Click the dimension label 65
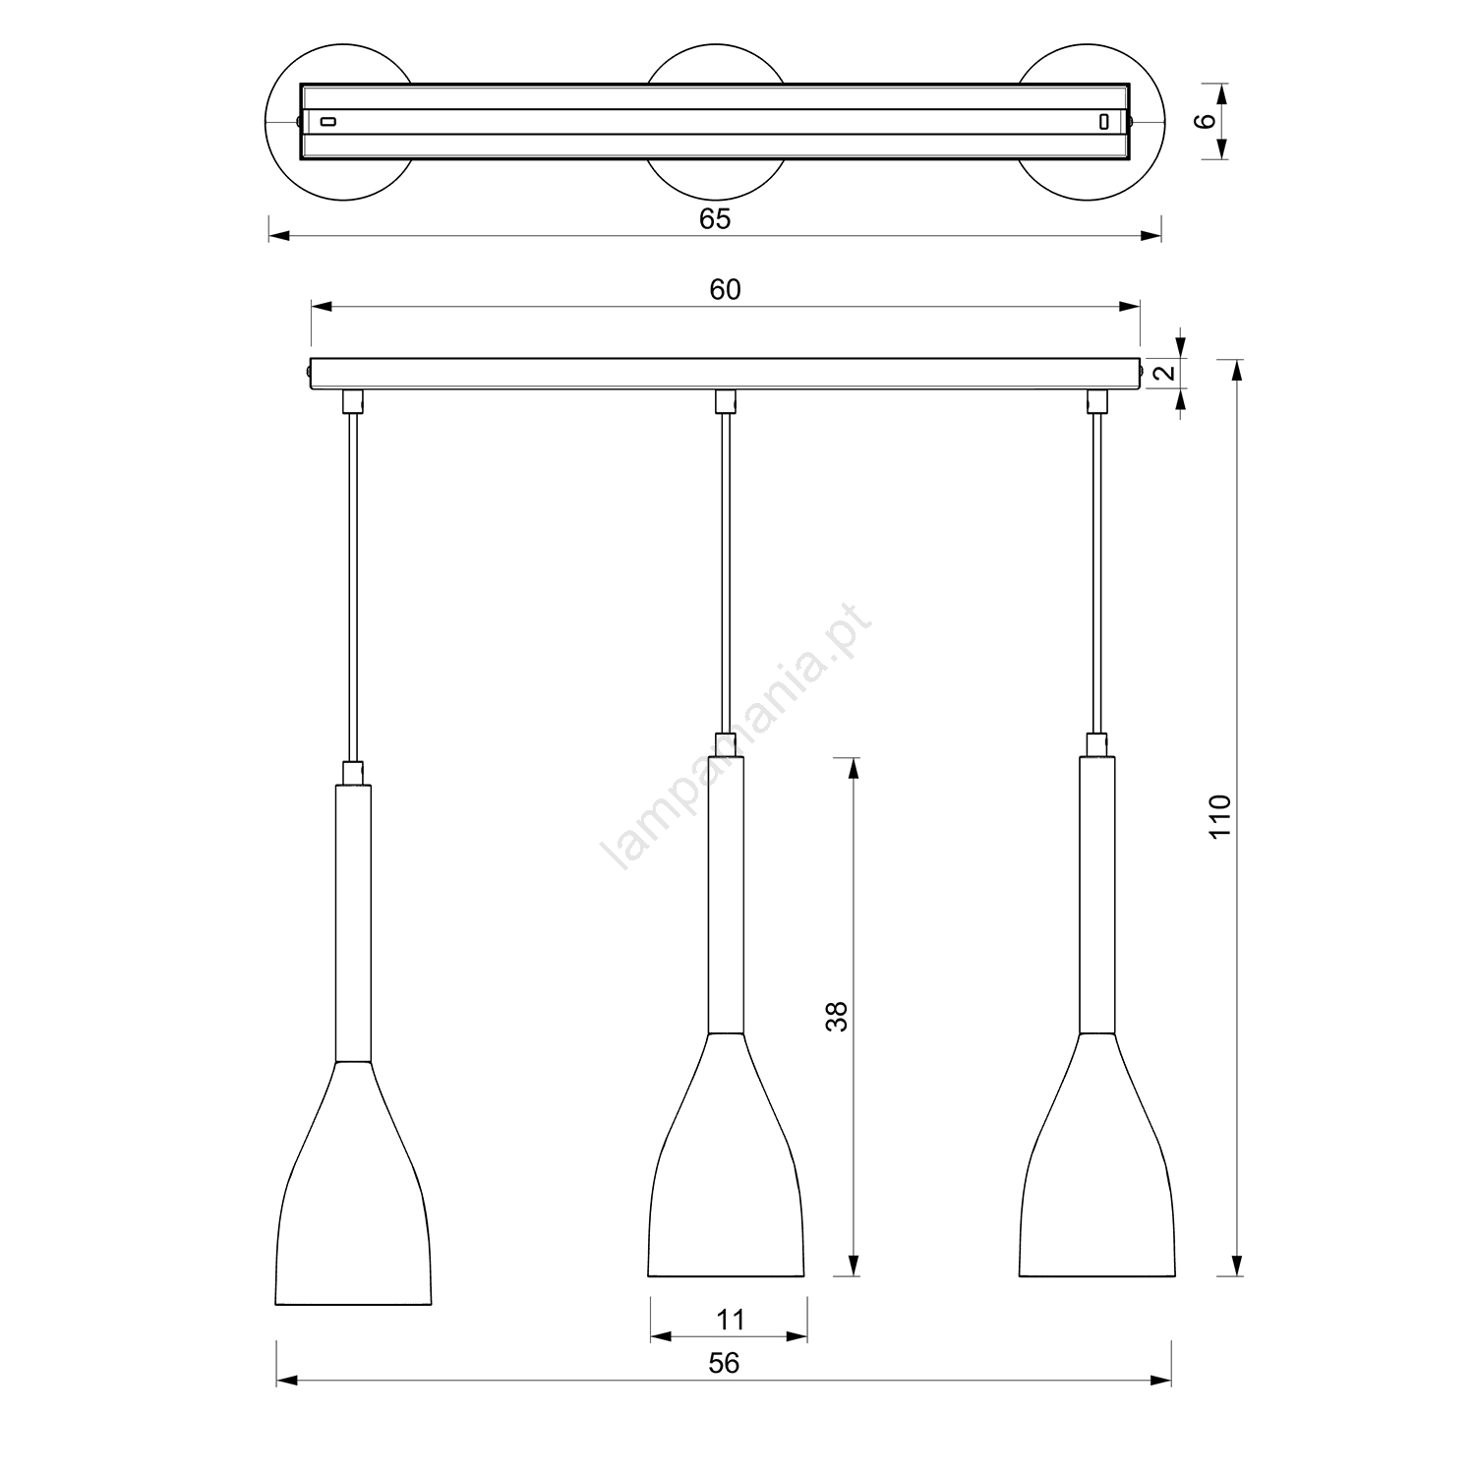pyautogui.click(x=715, y=218)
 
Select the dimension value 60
pyautogui.click(x=725, y=289)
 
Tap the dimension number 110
pyautogui.click(x=1219, y=816)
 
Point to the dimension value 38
pyautogui.click(x=837, y=1016)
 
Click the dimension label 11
pyautogui.click(x=730, y=1320)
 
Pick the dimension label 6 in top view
pyautogui.click(x=1208, y=120)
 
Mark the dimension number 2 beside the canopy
pyautogui.click(x=1164, y=373)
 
